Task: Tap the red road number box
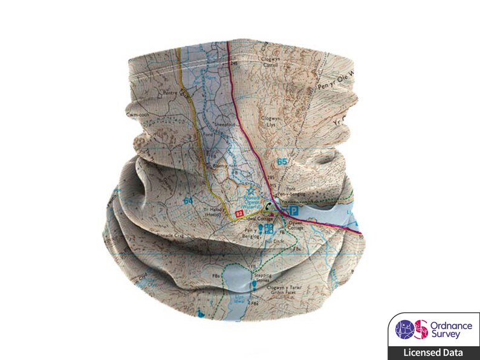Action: pyautogui.click(x=239, y=213)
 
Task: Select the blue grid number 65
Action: pyautogui.click(x=281, y=162)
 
